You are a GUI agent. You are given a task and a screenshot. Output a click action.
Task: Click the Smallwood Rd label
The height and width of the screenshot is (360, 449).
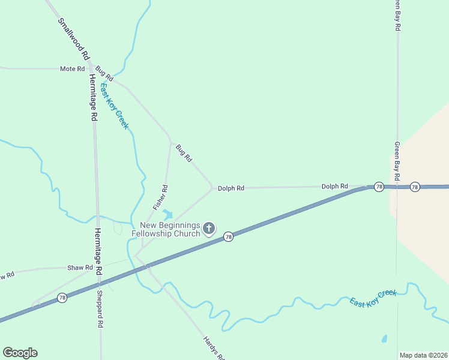point(73,37)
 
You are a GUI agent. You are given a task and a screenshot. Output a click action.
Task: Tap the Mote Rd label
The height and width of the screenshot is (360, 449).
point(72,69)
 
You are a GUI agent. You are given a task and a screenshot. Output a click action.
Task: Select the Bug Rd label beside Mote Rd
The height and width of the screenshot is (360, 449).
point(104,74)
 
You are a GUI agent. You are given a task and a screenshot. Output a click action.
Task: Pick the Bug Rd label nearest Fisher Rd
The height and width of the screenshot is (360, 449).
point(184,153)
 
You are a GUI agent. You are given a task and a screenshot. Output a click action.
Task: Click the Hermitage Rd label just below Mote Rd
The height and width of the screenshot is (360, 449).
point(92,98)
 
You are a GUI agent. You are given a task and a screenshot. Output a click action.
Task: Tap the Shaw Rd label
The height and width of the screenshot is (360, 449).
point(80,268)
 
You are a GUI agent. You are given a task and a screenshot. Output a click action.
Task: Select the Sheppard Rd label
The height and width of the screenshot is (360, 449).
point(100,309)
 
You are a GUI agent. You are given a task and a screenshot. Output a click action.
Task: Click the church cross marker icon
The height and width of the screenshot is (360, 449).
point(209,228)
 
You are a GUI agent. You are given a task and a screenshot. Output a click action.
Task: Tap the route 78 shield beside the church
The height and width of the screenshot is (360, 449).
point(229,237)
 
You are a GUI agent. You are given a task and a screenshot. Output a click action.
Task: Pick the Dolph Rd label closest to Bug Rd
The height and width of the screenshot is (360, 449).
point(231,188)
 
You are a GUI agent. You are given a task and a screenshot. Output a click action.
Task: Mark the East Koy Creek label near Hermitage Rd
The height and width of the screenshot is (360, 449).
point(114,106)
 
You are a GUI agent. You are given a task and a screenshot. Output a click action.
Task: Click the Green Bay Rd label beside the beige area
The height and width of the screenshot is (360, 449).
point(397,158)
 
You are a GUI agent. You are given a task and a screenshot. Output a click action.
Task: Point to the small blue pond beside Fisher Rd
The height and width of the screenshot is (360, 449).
point(167,214)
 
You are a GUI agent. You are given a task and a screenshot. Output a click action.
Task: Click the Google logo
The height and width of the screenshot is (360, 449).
point(20,353)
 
